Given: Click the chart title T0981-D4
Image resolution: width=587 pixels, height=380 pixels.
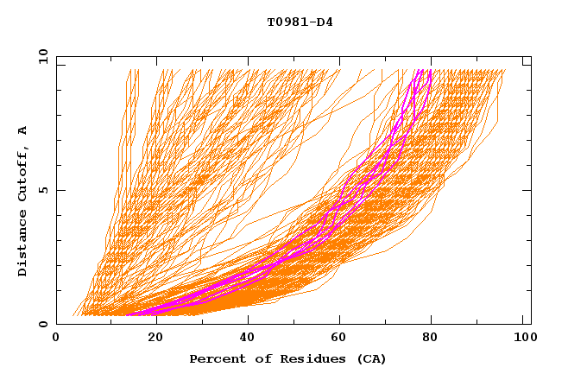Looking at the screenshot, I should [300, 22].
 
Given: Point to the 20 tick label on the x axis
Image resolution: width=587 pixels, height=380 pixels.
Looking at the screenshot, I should [155, 339].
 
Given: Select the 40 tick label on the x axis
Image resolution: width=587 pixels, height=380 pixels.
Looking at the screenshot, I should [248, 339].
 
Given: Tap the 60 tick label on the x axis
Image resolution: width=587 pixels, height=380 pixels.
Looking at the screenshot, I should [341, 339].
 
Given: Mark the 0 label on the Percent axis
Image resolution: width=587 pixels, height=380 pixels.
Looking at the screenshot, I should [57, 339].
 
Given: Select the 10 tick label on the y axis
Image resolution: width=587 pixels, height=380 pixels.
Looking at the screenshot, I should [41, 56].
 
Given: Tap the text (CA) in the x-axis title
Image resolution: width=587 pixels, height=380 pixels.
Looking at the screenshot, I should [371, 358].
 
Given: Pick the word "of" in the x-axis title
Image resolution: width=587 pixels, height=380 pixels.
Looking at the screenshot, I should [256, 358].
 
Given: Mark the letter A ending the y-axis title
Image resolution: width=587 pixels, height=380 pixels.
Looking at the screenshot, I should [23, 130].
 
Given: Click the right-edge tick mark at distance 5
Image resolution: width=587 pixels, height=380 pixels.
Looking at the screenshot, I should [527, 190].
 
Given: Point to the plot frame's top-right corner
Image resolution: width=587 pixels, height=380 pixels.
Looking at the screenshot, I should [531, 57].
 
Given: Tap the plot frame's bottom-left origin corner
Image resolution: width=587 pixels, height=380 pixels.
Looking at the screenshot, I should [57, 324].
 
